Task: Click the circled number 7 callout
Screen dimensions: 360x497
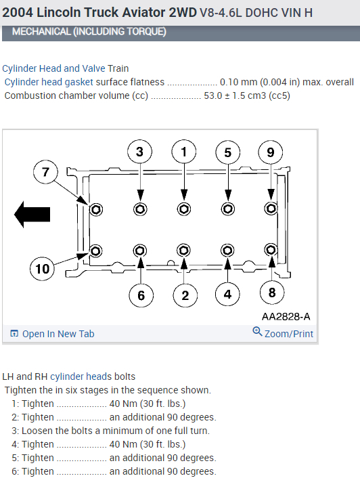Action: pyautogui.click(x=45, y=173)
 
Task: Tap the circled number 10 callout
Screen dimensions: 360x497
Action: pyautogui.click(x=42, y=269)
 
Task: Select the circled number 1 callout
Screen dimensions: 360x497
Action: pyautogui.click(x=184, y=152)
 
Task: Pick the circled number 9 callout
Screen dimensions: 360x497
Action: pyautogui.click(x=271, y=152)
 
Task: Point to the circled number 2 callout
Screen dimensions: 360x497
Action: pyautogui.click(x=185, y=295)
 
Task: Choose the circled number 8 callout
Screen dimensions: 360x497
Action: pyautogui.click(x=272, y=293)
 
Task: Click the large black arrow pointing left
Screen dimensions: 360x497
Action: pyautogui.click(x=32, y=214)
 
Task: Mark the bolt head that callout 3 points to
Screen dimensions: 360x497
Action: pyautogui.click(x=140, y=209)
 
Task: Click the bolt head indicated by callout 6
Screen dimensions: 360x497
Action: pyautogui.click(x=140, y=251)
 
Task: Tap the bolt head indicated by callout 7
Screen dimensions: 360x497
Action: pyautogui.click(x=96, y=209)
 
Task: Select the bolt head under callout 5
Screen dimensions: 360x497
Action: pyautogui.click(x=228, y=209)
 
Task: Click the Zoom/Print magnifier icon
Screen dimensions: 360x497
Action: pyautogui.click(x=257, y=332)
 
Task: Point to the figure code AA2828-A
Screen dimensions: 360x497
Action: pyautogui.click(x=286, y=316)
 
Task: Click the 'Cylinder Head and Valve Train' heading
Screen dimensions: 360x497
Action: pyautogui.click(x=66, y=68)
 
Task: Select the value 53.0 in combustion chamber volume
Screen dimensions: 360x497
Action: pyautogui.click(x=213, y=95)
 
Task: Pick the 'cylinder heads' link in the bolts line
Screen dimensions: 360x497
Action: pyautogui.click(x=81, y=376)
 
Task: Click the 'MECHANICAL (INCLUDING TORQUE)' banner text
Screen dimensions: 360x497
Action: pyautogui.click(x=89, y=32)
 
